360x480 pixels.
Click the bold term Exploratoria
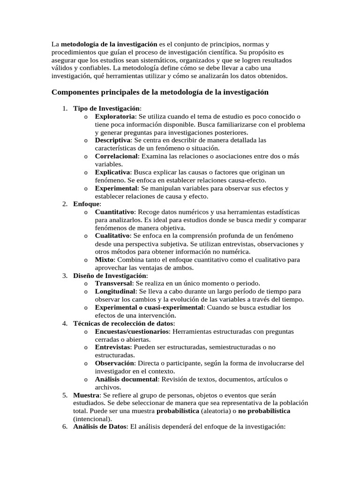tap(115, 116)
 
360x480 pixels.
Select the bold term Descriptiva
tap(112, 140)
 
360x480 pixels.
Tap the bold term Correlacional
tap(117, 156)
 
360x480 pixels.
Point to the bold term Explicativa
tap(113, 172)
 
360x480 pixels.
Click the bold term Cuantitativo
tap(115, 212)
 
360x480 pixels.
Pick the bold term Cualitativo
tap(113, 236)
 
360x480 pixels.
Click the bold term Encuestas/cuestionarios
tap(132, 331)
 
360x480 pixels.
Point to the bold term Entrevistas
tap(113, 347)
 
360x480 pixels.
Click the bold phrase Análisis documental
tap(126, 379)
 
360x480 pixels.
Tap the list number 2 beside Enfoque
tap(65, 204)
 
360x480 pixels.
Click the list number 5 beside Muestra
tap(65, 395)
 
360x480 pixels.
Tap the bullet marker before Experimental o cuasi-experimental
tap(85, 308)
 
